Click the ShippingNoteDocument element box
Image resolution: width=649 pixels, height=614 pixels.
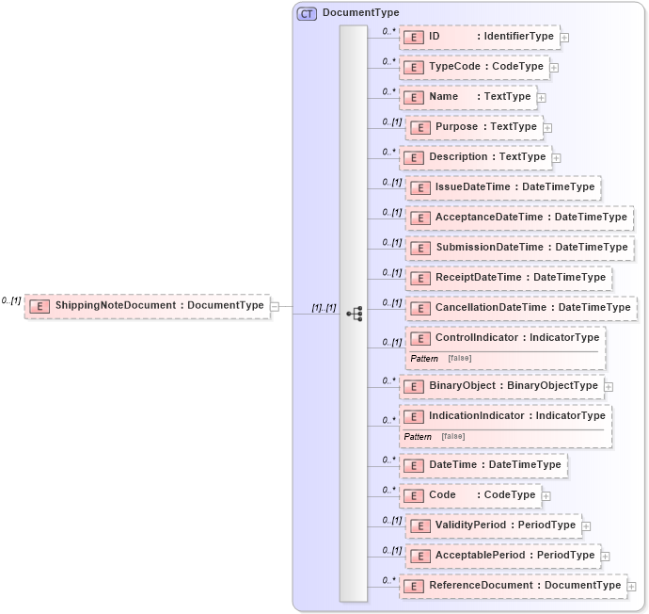[147, 305]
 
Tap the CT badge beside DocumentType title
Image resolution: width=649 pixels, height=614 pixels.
[307, 13]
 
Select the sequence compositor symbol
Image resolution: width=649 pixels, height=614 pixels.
[355, 314]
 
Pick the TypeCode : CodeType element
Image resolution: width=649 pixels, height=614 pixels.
[475, 67]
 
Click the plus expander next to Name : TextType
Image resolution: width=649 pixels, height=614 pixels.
[542, 97]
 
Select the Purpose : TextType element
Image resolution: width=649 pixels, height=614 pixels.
[475, 127]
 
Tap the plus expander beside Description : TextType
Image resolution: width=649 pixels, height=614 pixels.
[557, 158]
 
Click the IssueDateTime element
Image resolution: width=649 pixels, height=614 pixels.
[503, 187]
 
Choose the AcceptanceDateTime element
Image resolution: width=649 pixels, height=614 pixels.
[519, 218]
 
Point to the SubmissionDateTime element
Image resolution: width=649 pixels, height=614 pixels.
[519, 248]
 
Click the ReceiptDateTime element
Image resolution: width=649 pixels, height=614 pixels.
[509, 278]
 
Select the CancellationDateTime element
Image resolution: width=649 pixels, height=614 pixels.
[521, 308]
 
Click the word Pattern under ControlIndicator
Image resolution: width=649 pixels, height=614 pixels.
[424, 359]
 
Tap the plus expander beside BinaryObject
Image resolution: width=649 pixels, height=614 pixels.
[609, 386]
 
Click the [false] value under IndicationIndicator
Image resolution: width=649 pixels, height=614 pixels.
[452, 437]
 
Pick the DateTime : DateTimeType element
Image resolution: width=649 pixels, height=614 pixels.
[483, 464]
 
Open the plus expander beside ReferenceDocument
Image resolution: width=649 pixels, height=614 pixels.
[631, 586]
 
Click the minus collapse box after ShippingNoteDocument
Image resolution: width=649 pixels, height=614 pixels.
[275, 305]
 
